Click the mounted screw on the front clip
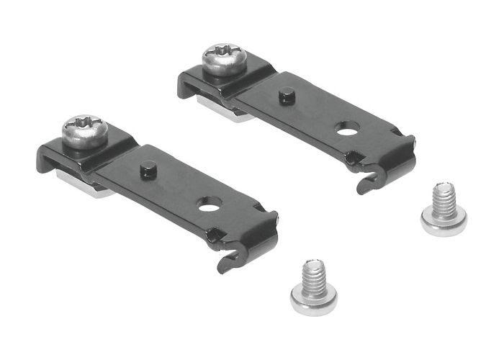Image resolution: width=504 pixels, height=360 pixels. tap(84, 132)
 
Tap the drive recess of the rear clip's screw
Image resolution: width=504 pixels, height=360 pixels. tap(224, 52)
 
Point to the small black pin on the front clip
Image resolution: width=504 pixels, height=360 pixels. tap(148, 168)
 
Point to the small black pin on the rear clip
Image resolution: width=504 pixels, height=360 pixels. tap(287, 94)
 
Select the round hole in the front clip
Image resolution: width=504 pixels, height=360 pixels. tap(210, 207)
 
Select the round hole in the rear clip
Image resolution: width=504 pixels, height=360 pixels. tap(347, 129)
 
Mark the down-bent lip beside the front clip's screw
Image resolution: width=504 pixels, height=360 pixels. tap(47, 160)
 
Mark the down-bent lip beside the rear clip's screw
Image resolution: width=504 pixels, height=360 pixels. tap(186, 86)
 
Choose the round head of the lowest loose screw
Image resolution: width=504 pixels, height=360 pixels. tap(313, 298)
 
